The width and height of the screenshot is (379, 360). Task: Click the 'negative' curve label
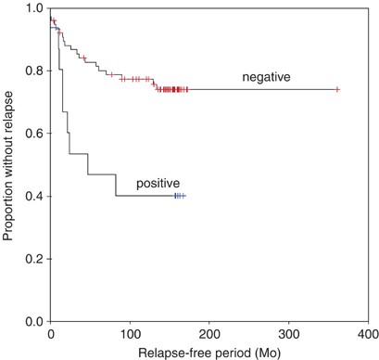click(x=266, y=76)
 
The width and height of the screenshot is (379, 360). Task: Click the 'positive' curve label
click(x=158, y=183)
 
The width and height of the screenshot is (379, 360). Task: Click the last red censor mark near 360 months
click(x=337, y=89)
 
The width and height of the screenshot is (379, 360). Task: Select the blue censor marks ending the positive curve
click(x=179, y=196)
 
